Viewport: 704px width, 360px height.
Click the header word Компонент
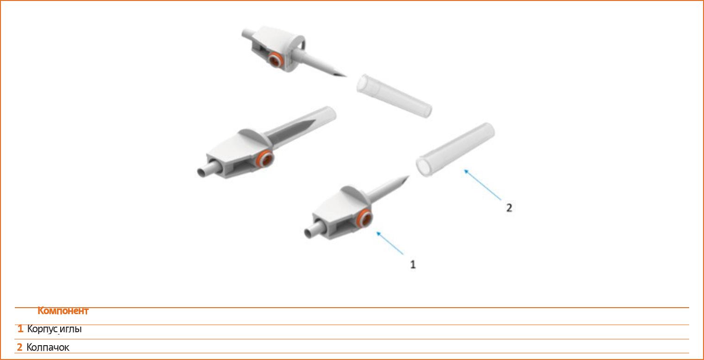point(63,310)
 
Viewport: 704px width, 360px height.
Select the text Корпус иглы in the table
point(54,329)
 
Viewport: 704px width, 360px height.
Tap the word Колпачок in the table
point(48,347)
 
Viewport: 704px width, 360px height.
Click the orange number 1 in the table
point(20,329)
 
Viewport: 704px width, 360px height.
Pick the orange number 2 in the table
point(20,347)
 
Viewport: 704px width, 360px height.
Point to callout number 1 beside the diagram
point(413,265)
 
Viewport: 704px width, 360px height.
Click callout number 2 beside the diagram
point(509,208)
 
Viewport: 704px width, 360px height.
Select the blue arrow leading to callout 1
point(390,243)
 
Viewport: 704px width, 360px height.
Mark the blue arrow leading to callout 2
point(483,185)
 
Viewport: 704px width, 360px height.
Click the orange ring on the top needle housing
point(276,60)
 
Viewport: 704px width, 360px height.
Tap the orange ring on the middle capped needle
point(264,159)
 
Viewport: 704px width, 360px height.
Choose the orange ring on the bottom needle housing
point(365,218)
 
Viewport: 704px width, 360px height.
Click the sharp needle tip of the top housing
point(346,76)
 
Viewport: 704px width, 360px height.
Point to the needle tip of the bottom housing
point(409,176)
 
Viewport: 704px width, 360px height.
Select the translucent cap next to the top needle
point(395,96)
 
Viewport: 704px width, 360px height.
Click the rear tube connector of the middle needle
point(207,169)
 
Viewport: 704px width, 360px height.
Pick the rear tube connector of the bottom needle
point(314,230)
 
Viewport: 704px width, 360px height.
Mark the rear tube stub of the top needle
point(249,34)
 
